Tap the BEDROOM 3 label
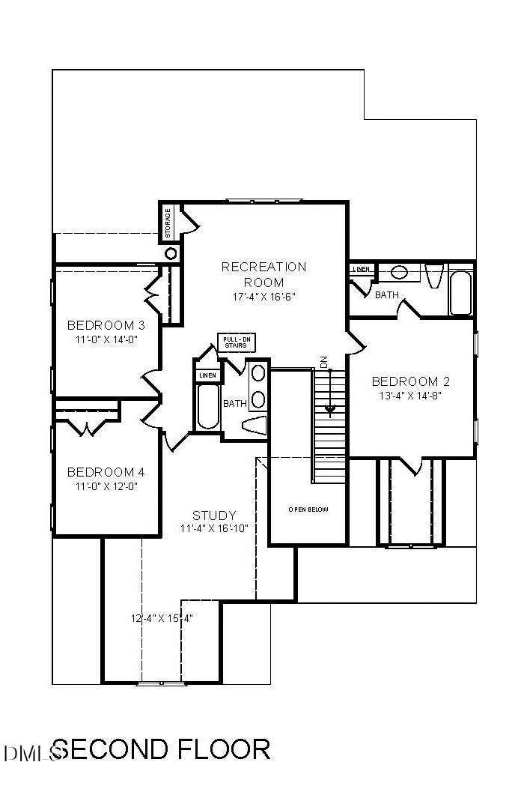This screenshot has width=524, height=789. point(106,325)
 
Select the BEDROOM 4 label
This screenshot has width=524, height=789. point(106,472)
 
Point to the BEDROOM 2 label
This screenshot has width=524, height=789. point(411,381)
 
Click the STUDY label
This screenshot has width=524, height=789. point(214,516)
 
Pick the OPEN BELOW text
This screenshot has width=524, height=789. point(308,510)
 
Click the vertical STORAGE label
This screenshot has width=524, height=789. point(168,223)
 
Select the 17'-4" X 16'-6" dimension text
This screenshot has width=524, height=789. point(263,296)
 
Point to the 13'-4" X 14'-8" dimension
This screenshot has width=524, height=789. point(411,395)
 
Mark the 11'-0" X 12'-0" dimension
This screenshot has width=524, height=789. point(106,486)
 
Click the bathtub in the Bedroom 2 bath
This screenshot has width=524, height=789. point(460,293)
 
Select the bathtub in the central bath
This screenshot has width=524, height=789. point(207,406)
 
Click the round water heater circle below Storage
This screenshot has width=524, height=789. point(171,253)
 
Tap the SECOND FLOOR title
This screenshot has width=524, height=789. point(161,749)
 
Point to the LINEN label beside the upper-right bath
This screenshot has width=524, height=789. point(360,269)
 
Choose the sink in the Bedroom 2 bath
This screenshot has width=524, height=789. point(399,272)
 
